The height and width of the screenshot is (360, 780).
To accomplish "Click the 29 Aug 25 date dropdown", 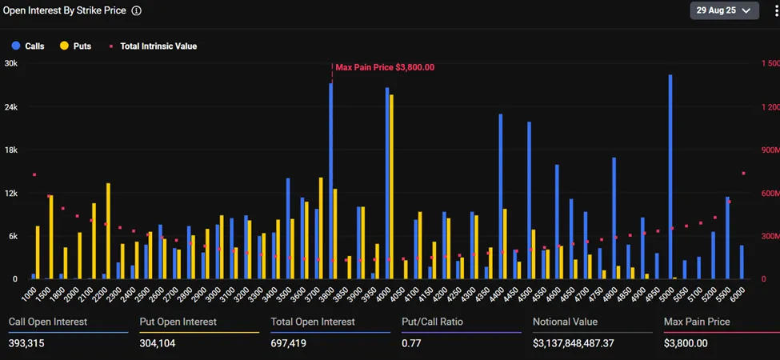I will pyautogui.click(x=724, y=10).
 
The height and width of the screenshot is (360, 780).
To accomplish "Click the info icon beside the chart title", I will pyautogui.click(x=137, y=11).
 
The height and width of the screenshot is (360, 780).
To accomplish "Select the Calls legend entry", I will pyautogui.click(x=28, y=46).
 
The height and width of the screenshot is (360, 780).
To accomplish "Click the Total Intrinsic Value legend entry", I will pyautogui.click(x=153, y=46).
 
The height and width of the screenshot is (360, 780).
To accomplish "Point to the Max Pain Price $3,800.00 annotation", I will pyautogui.click(x=384, y=67).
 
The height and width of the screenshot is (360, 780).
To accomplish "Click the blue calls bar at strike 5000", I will pyautogui.click(x=670, y=176).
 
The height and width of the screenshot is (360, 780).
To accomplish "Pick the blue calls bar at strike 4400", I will pyautogui.click(x=501, y=196).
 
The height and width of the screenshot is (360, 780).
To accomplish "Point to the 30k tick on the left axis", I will pyautogui.click(x=11, y=63).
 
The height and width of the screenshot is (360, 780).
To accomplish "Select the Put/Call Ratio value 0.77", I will pyautogui.click(x=411, y=343).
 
